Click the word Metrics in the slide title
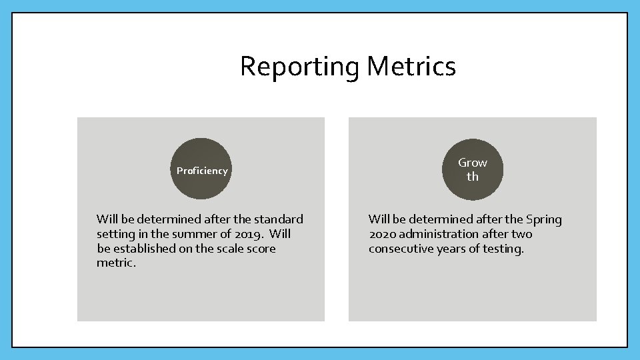point(411,67)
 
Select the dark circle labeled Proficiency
point(201,169)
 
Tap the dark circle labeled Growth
point(472,169)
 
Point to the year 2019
point(251,234)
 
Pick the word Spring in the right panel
point(543,219)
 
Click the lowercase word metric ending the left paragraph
point(116,263)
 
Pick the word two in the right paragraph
point(521,234)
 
